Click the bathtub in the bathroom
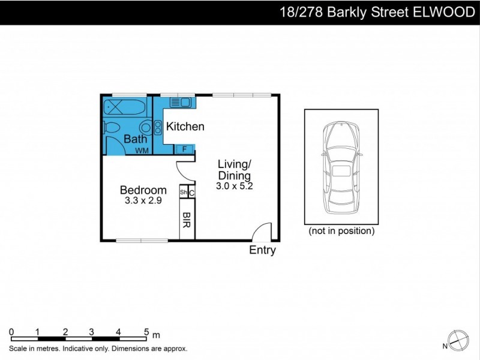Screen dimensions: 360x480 pos(124,107)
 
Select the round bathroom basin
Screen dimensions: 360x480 pos(145,127)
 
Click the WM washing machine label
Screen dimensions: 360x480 pos(142,150)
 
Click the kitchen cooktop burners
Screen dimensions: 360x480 pos(158,127)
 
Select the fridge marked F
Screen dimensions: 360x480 pos(184,149)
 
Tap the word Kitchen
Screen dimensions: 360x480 pos(185,127)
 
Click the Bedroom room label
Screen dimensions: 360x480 pos(143,190)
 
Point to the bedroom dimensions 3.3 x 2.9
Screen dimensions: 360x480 pos(143,201)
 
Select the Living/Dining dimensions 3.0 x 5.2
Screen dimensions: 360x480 pos(235,186)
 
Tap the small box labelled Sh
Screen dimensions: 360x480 pos(183,193)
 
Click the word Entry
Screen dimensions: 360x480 pos(262,250)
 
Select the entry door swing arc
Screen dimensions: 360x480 pos(262,231)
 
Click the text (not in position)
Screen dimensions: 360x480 pos(341,230)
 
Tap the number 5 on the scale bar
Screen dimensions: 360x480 pos(146,331)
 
